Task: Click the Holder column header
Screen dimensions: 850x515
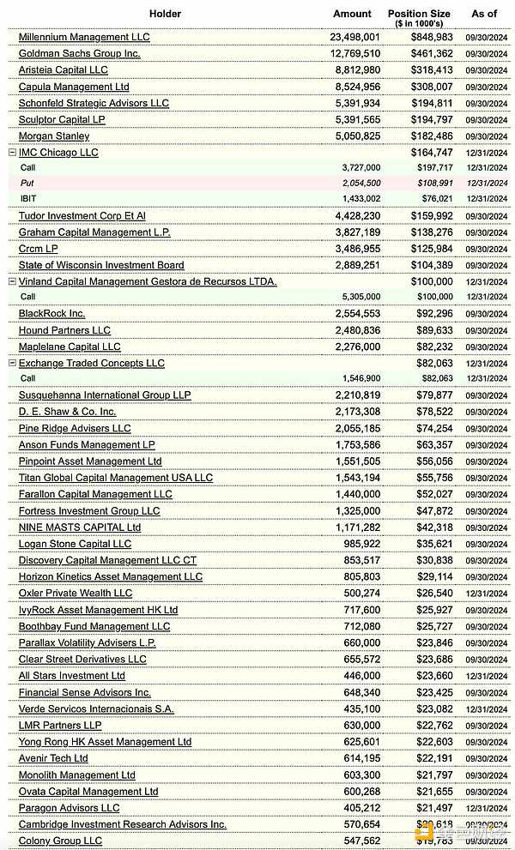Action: click(165, 14)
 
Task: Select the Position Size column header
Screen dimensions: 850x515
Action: click(418, 14)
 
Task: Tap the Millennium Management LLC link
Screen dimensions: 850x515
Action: click(84, 37)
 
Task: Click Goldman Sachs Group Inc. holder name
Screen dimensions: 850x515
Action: click(79, 53)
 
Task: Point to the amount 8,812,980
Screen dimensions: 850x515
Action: click(355, 70)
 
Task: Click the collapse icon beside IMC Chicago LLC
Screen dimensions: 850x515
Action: click(12, 153)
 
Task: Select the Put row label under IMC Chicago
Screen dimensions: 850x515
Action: click(27, 184)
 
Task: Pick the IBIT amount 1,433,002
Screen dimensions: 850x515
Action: click(360, 199)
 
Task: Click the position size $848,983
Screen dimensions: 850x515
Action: click(432, 38)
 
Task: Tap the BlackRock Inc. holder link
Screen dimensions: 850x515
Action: click(51, 314)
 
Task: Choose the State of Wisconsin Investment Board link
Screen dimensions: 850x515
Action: click(101, 265)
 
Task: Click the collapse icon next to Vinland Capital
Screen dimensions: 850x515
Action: click(12, 281)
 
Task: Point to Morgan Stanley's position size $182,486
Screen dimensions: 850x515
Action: click(432, 136)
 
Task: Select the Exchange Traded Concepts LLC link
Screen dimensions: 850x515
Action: click(91, 364)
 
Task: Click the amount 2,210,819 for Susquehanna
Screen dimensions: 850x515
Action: click(355, 395)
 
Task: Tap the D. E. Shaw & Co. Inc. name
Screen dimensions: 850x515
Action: click(67, 412)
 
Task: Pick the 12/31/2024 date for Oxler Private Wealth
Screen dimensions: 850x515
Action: click(486, 594)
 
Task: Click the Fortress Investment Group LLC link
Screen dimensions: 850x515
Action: click(89, 511)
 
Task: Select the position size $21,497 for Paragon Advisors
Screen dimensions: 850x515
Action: click(434, 808)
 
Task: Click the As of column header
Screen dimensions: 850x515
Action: click(484, 14)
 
